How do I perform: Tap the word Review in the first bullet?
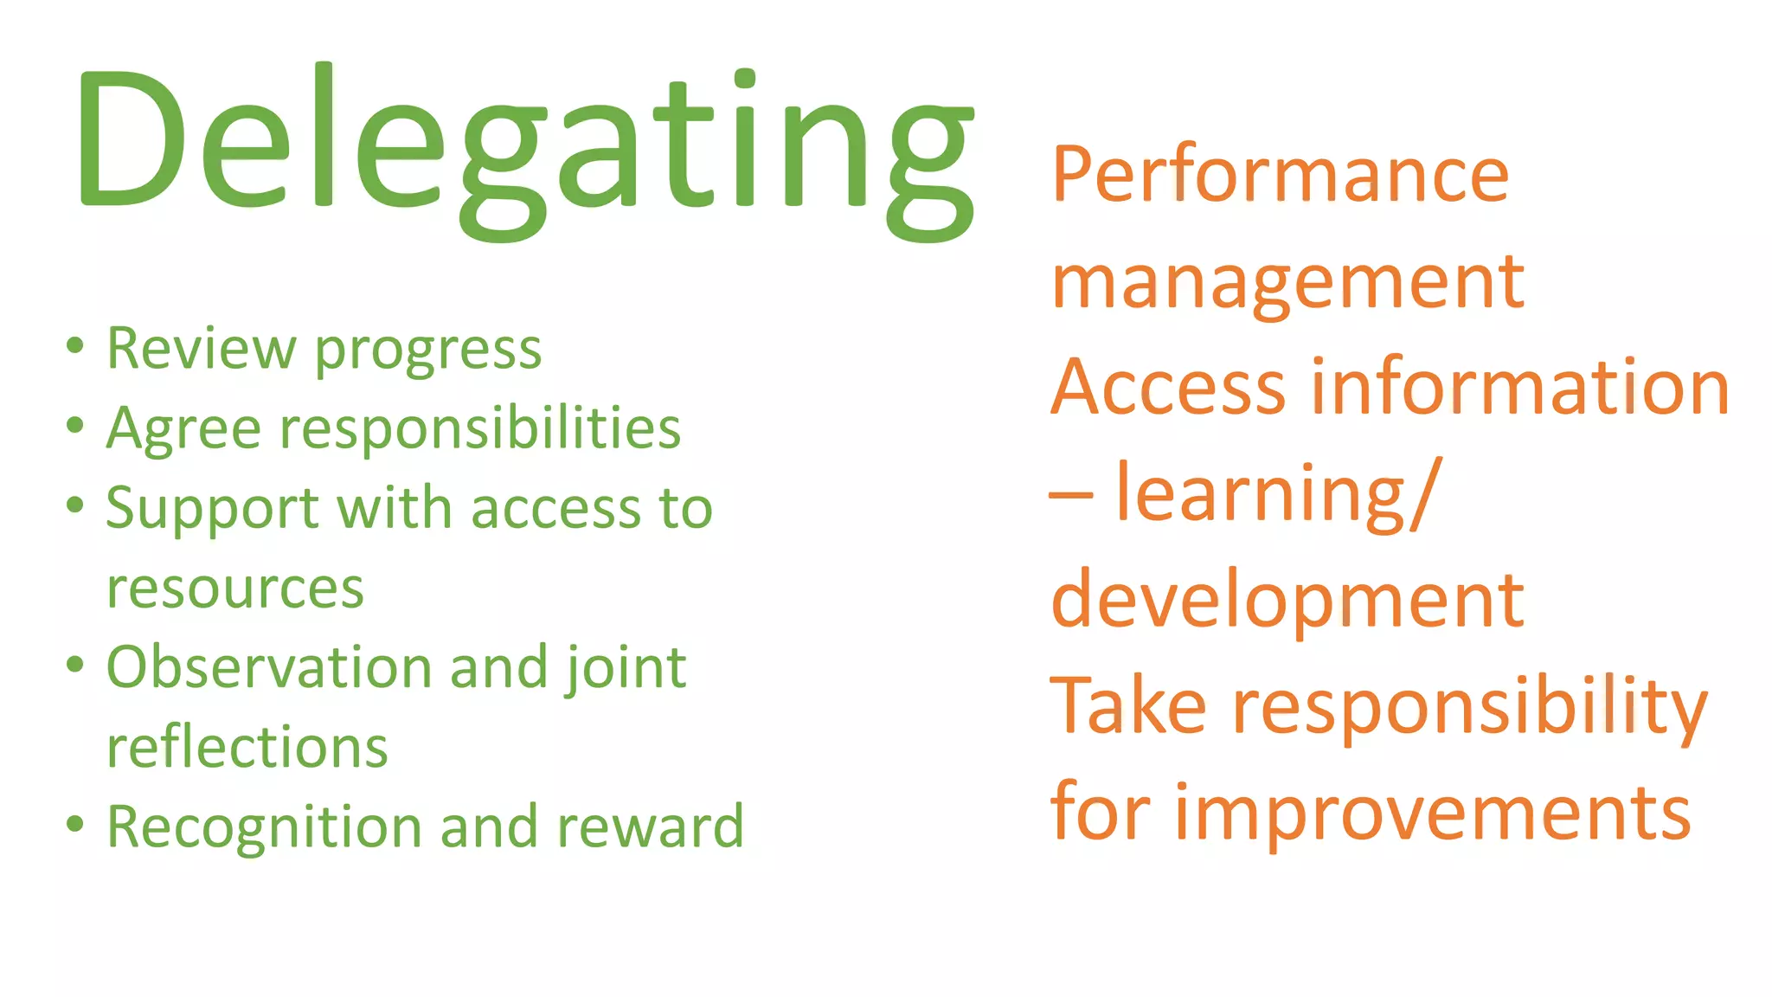(201, 349)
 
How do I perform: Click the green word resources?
(235, 589)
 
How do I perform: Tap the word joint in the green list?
(626, 669)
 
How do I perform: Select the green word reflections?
(247, 747)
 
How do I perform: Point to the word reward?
(650, 827)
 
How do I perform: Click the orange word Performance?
(1281, 176)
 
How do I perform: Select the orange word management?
(1287, 284)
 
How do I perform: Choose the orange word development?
(1287, 601)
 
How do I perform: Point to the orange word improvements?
(1432, 814)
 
